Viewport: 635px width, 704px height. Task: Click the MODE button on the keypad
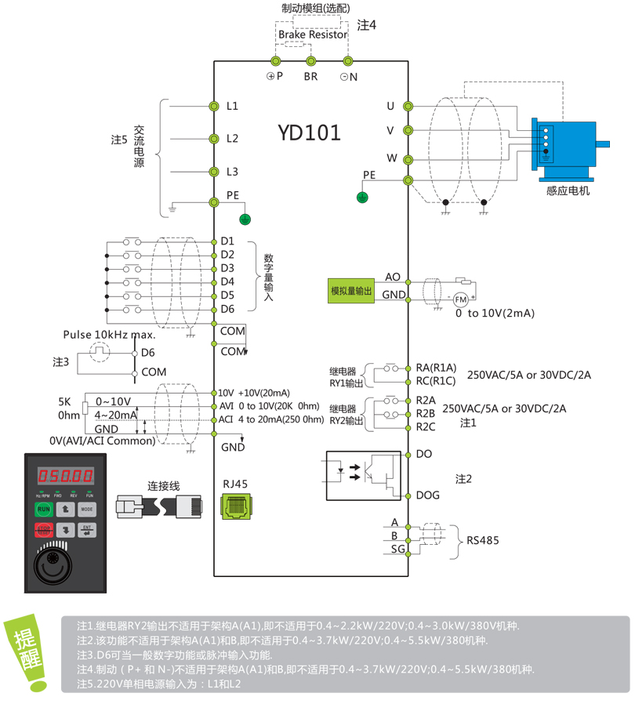tap(86, 509)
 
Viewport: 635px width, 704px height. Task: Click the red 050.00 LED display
tap(66, 475)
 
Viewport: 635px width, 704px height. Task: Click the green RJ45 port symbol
tap(234, 508)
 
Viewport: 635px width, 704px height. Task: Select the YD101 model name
tap(309, 132)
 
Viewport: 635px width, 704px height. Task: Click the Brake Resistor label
tap(312, 34)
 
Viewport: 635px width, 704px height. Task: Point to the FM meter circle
tap(460, 299)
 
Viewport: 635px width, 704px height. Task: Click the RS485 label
tap(482, 540)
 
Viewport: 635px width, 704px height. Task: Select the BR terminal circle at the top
tap(311, 60)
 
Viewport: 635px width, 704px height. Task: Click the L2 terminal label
tap(232, 138)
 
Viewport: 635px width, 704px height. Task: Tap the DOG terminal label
tap(427, 495)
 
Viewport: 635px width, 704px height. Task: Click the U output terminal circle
tap(408, 106)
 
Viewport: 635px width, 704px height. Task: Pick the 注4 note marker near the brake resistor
tap(367, 25)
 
